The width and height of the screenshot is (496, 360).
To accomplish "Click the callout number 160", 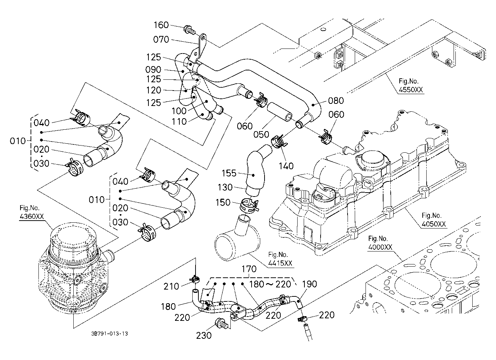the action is click(161, 25).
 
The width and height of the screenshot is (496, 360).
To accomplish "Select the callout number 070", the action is click(161, 40).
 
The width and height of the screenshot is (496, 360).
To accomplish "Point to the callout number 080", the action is click(336, 101).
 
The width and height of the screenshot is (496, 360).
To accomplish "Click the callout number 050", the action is click(261, 134).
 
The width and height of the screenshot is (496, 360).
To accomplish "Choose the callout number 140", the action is click(286, 166).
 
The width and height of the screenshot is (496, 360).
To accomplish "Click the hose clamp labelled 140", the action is click(279, 141).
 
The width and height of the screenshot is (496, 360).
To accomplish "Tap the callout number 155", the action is click(229, 173).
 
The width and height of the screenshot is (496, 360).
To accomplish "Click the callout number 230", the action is click(204, 336).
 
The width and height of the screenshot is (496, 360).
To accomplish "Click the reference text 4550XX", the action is click(411, 90).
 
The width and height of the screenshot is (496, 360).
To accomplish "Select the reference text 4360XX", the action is click(32, 216).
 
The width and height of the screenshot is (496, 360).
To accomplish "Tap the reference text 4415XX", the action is click(280, 263).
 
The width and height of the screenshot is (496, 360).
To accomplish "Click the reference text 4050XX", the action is click(434, 224).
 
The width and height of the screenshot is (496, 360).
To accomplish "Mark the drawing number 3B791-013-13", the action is click(110, 334).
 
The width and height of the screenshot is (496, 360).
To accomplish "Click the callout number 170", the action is click(249, 269).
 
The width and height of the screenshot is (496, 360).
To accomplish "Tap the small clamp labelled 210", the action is click(195, 280).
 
